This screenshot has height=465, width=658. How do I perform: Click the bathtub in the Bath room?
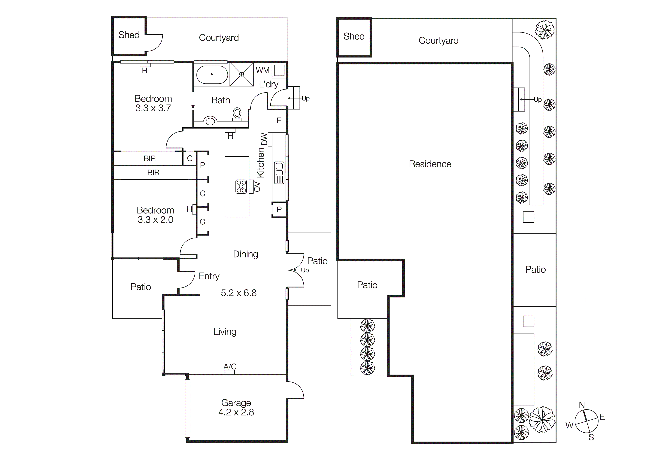212,74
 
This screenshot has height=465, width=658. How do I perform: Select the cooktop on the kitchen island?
241,187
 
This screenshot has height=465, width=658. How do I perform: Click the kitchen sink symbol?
279,173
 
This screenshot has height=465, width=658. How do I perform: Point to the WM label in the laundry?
262,70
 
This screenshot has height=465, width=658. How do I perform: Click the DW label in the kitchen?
264,139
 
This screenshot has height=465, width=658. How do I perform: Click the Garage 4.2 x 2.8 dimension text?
236,412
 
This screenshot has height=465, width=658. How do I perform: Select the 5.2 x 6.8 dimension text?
238,293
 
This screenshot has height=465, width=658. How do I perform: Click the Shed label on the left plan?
129,35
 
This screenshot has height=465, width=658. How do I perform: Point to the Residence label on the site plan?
430,164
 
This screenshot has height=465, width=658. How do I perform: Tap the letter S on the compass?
591,437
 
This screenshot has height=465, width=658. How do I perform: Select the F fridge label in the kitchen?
279,121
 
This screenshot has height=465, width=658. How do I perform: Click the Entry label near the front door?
209,276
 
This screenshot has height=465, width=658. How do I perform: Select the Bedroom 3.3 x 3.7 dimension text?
153,108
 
